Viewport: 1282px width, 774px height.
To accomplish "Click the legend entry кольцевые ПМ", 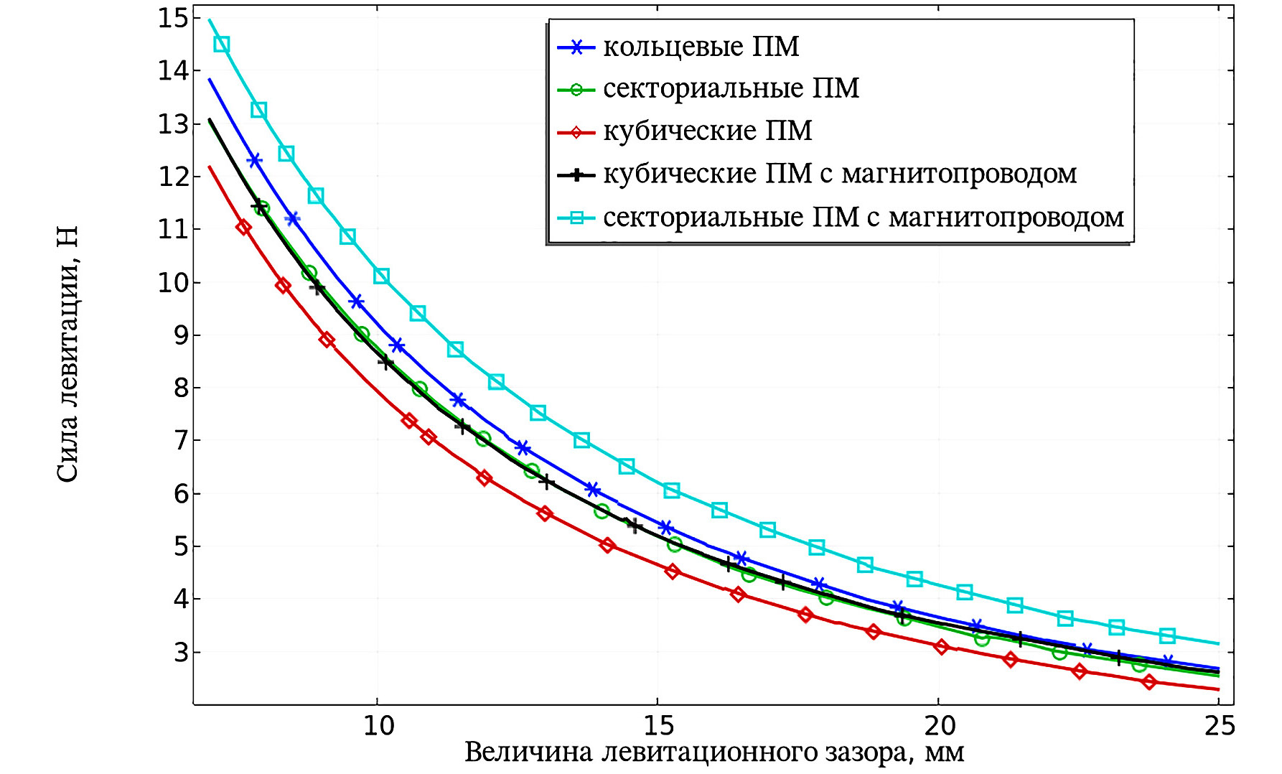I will click(701, 47).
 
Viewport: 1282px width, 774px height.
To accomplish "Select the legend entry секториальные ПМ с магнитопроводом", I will click(863, 218).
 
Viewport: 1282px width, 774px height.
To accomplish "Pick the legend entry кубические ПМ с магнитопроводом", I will click(840, 174).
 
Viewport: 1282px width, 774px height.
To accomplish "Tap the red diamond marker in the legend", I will click(576, 133).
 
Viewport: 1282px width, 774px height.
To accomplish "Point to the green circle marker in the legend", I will click(576, 90).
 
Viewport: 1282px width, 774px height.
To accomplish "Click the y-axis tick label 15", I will click(172, 18).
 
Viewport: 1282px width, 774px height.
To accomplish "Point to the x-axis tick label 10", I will click(378, 727).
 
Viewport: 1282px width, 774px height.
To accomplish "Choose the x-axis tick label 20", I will click(940, 727).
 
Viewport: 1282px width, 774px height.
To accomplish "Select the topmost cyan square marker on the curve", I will click(222, 45).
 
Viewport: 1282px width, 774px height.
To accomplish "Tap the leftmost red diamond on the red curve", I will click(244, 228).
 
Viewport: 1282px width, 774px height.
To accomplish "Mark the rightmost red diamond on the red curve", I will click(1149, 681).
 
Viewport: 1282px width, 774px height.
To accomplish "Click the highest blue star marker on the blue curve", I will click(254, 160).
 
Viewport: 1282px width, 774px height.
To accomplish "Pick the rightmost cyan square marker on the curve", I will click(1167, 636).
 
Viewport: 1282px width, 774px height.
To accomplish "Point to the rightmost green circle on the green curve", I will click(1139, 665).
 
